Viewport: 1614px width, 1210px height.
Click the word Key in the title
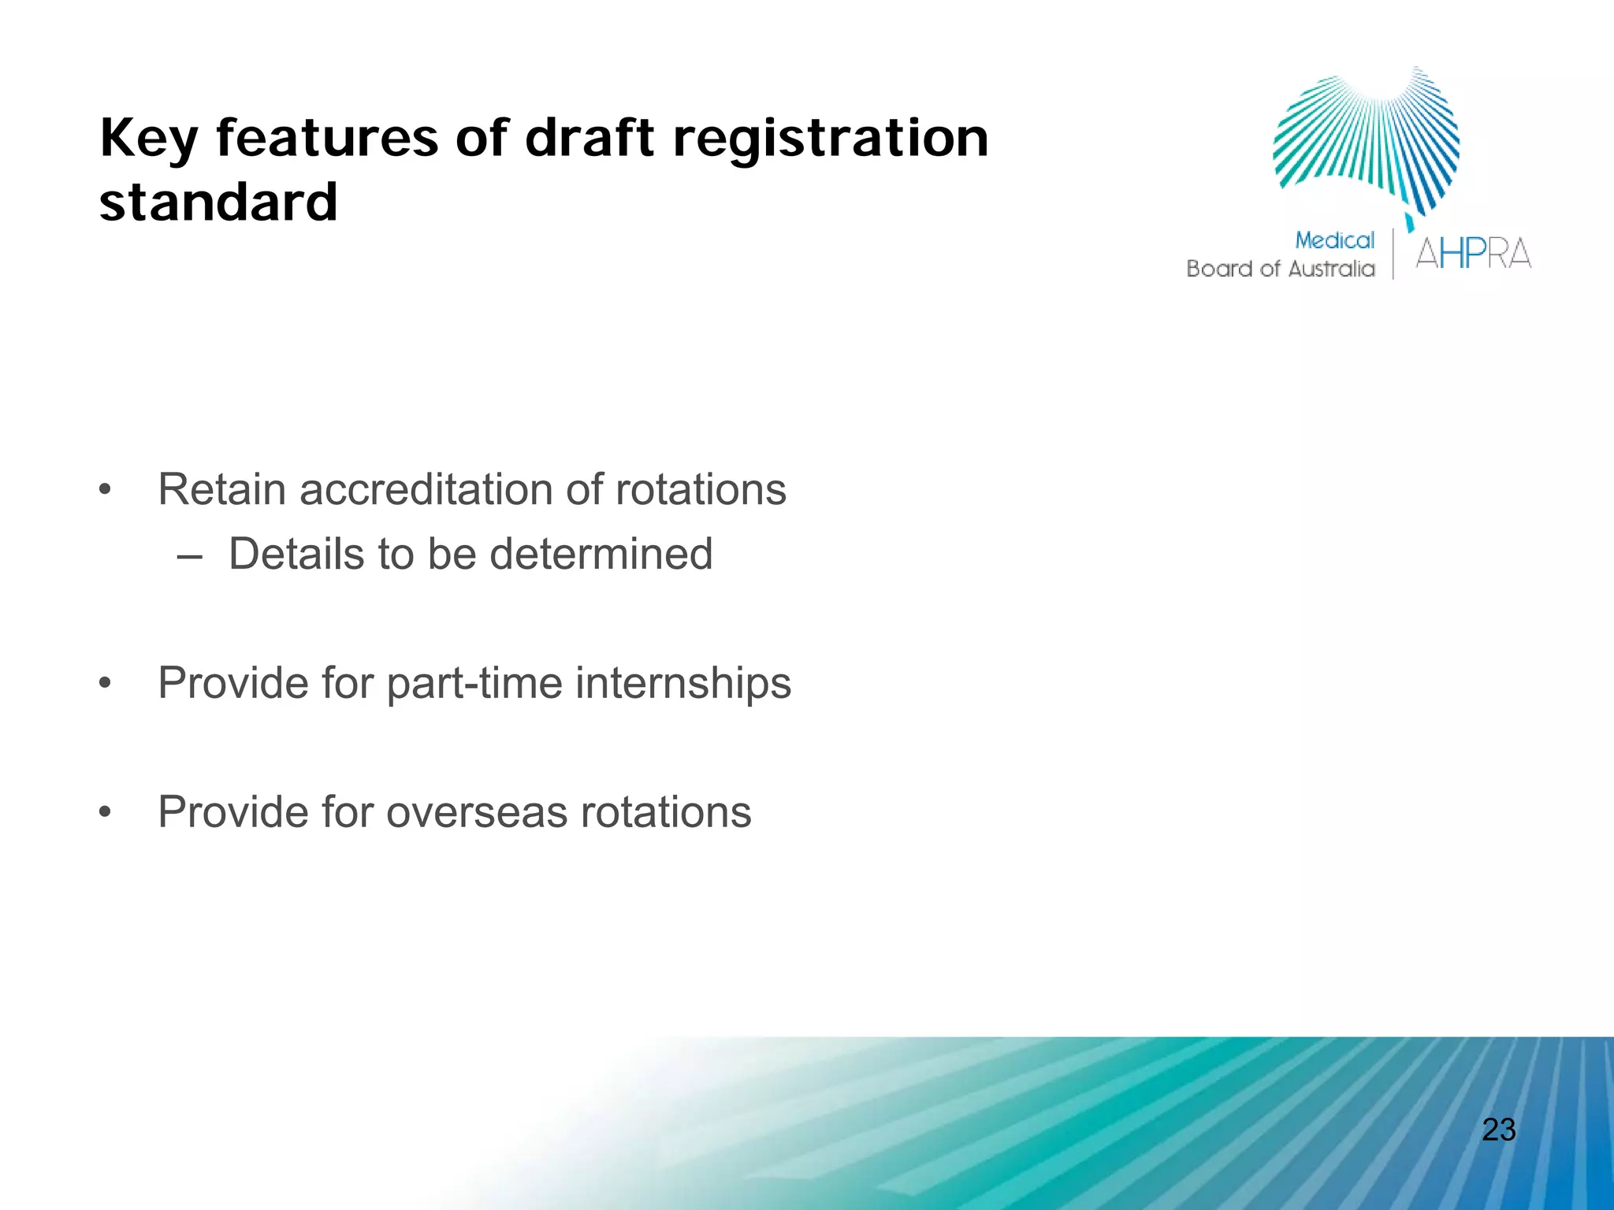pos(149,139)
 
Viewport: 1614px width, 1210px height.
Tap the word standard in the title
pos(218,202)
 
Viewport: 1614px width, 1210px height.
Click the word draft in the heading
pos(589,138)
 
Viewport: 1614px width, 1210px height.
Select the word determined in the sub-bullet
pos(601,554)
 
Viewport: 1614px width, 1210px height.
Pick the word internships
pos(682,683)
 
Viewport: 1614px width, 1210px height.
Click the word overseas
pos(476,812)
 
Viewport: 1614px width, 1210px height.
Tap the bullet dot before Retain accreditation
pos(106,491)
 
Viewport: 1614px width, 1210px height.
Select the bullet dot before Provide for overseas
pos(106,812)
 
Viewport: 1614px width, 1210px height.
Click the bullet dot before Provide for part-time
pos(106,683)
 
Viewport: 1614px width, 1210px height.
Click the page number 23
pos(1498,1130)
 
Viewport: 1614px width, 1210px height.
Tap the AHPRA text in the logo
pos(1473,254)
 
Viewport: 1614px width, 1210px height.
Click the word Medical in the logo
pos(1334,240)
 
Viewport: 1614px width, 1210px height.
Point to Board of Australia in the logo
pos(1280,269)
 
